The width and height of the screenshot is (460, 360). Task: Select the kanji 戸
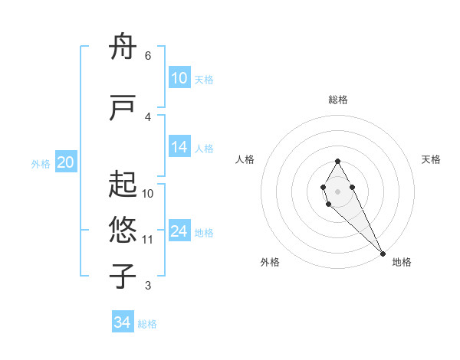point(124,108)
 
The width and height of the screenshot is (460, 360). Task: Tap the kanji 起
point(124,185)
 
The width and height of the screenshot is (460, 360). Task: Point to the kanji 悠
point(124,229)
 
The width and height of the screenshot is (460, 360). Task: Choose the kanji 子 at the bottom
point(124,276)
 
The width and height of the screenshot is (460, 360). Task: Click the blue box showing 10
point(179,78)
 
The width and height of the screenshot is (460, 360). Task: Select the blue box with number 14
point(179,148)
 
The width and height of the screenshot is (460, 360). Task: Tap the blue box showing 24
point(179,232)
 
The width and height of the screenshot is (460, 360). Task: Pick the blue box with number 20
point(66,162)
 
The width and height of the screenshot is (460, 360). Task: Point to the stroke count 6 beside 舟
point(147,56)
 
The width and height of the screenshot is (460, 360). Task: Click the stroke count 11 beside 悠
point(147,240)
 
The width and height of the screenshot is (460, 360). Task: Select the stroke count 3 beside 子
point(147,286)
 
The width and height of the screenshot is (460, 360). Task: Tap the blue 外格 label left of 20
point(41,163)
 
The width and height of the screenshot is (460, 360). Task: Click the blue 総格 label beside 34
point(147,324)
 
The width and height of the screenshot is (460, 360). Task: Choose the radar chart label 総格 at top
point(337,100)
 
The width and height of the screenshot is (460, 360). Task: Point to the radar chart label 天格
point(431,159)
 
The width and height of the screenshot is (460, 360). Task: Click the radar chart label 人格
point(245,159)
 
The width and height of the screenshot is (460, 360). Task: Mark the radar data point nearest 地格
point(383,253)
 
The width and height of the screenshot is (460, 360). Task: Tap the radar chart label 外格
point(270,262)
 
